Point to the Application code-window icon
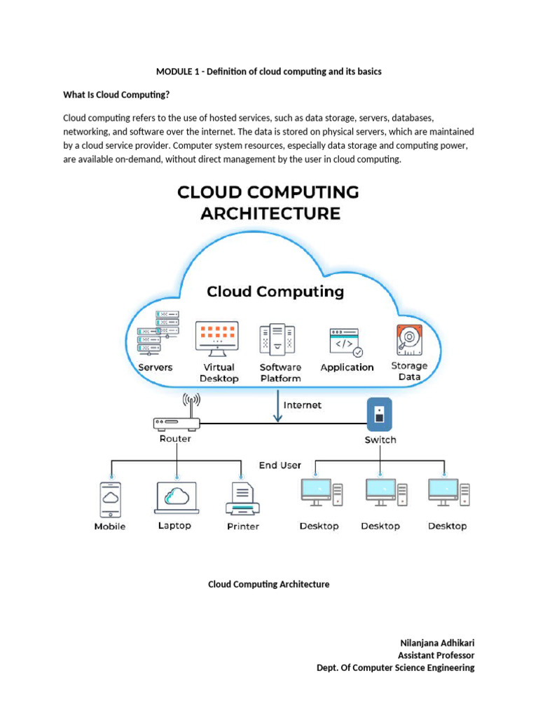[346, 343]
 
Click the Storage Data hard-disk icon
[408, 339]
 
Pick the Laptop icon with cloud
[175, 497]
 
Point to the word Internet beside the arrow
[302, 405]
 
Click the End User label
[280, 465]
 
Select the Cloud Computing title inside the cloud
[275, 291]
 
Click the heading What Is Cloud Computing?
[117, 95]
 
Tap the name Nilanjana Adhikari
[437, 643]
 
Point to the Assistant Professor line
[436, 655]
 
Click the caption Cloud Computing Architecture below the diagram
[268, 584]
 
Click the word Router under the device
[174, 439]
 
